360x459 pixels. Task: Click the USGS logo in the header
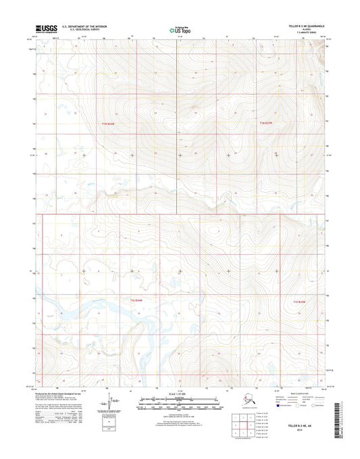[x=44, y=28]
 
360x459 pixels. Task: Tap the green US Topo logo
[x=179, y=29]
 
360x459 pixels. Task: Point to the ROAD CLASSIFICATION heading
[x=297, y=391]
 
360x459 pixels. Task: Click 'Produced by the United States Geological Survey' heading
[x=65, y=391]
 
